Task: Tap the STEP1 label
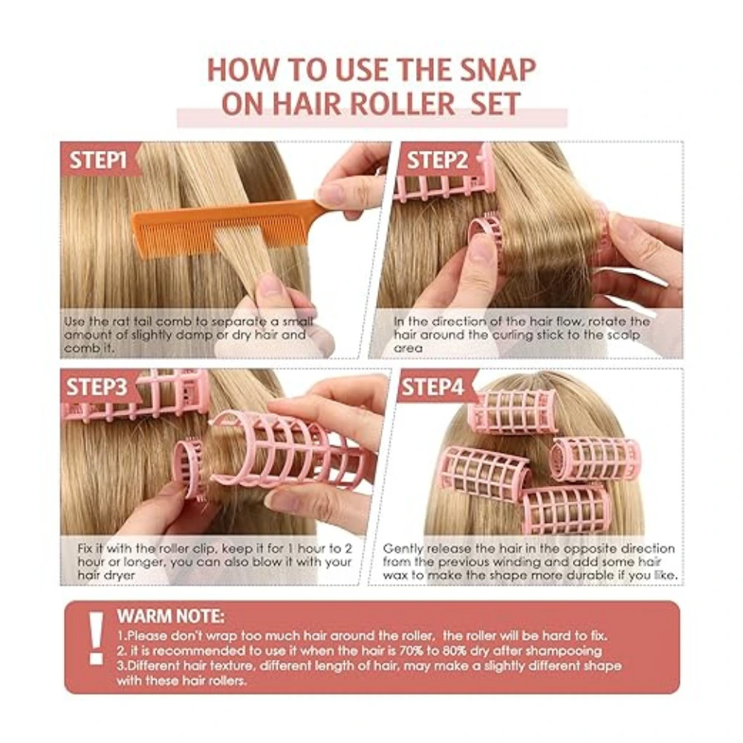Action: pyautogui.click(x=98, y=160)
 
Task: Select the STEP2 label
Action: pyautogui.click(x=438, y=160)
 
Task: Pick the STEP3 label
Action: pyautogui.click(x=97, y=387)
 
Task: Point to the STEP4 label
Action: pyautogui.click(x=432, y=387)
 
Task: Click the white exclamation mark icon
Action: pyautogui.click(x=96, y=637)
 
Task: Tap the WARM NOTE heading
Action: pyautogui.click(x=171, y=616)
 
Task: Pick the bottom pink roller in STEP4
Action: pyautogui.click(x=566, y=510)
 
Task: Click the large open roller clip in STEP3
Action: pyautogui.click(x=290, y=450)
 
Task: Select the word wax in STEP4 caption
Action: pyautogui.click(x=395, y=575)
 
